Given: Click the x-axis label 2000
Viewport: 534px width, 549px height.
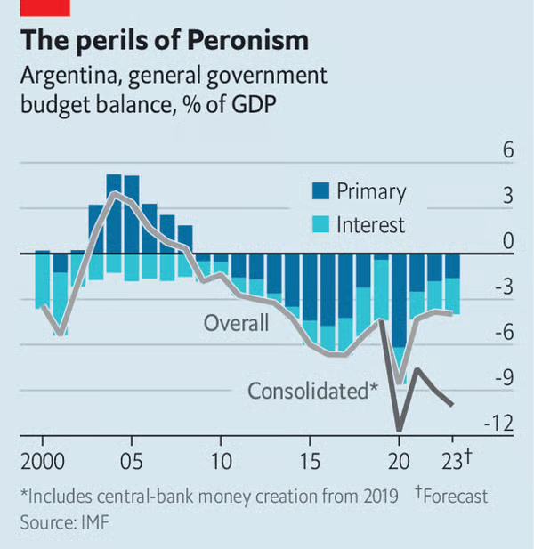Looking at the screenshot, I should [x=43, y=463].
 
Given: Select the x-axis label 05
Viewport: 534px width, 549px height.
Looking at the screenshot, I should [x=132, y=463].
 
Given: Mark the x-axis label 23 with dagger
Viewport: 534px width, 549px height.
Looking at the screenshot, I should [x=456, y=463].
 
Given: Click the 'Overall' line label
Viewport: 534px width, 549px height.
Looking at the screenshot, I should [x=236, y=322].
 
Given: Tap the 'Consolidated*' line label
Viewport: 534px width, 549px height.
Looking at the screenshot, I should [x=312, y=391].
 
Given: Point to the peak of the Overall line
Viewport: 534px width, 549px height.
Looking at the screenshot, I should [x=114, y=193].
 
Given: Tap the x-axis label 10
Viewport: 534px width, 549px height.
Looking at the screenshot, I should [x=221, y=463].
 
